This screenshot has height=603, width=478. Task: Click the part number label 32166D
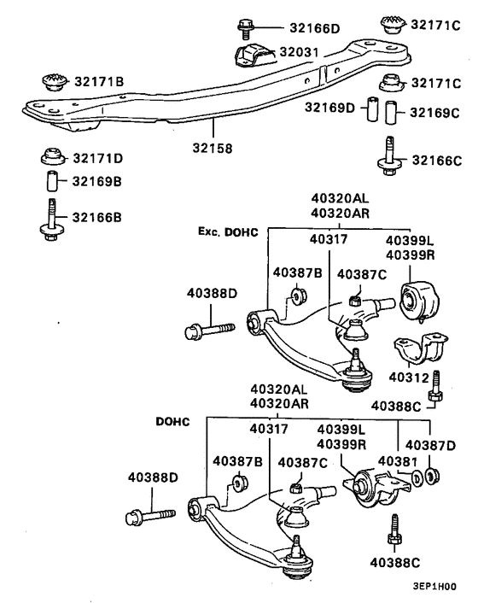pyautogui.click(x=312, y=27)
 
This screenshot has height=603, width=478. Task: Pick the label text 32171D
pyautogui.click(x=97, y=158)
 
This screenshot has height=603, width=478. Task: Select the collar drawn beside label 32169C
pyautogui.click(x=391, y=112)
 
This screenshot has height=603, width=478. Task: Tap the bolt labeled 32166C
pyautogui.click(x=388, y=155)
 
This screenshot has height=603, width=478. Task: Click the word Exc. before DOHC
pyautogui.click(x=211, y=231)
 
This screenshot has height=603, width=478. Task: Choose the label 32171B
pyautogui.click(x=96, y=81)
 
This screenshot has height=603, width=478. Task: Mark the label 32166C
pyautogui.click(x=437, y=160)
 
